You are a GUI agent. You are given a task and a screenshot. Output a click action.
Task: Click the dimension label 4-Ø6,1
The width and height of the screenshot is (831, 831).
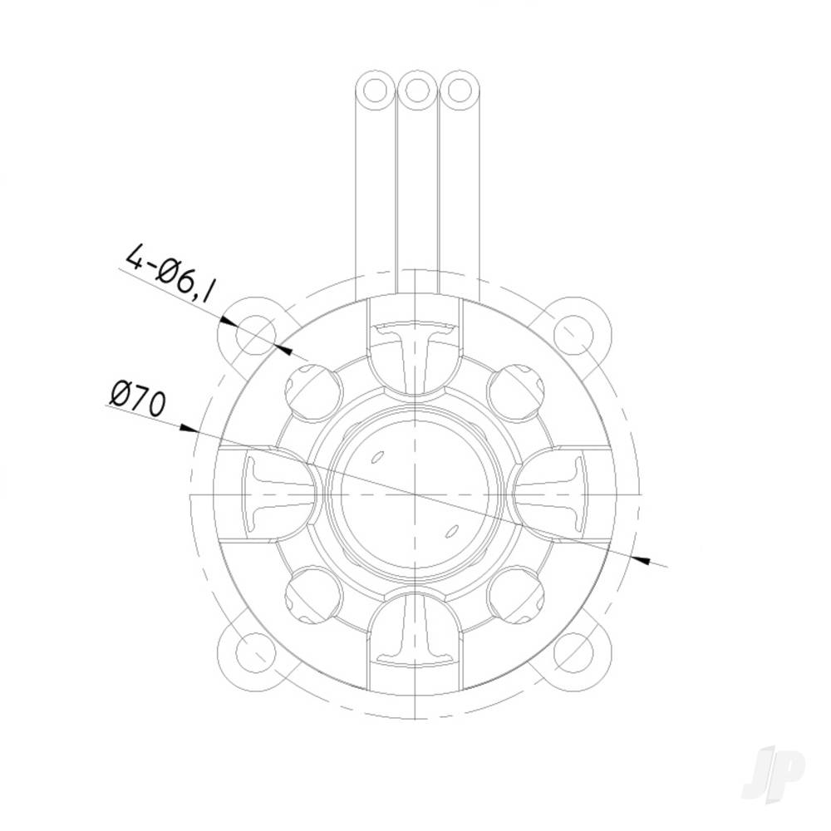tap(170, 273)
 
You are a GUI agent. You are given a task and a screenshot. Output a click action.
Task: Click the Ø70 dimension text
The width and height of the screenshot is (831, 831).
tap(138, 398)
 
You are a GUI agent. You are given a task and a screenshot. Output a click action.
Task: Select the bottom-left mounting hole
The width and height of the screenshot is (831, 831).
tap(254, 653)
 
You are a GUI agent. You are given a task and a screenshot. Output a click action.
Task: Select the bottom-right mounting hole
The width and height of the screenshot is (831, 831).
tap(573, 653)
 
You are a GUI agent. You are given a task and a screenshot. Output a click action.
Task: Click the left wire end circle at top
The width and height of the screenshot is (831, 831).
tap(376, 89)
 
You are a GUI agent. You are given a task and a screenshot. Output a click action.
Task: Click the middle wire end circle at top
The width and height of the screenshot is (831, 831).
tap(417, 89)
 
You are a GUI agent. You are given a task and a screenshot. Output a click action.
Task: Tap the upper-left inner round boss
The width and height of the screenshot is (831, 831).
tap(314, 389)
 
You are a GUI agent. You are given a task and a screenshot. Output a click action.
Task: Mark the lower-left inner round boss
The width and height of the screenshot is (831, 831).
tap(314, 595)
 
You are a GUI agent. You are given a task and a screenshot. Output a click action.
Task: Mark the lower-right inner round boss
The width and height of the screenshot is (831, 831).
tap(515, 595)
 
